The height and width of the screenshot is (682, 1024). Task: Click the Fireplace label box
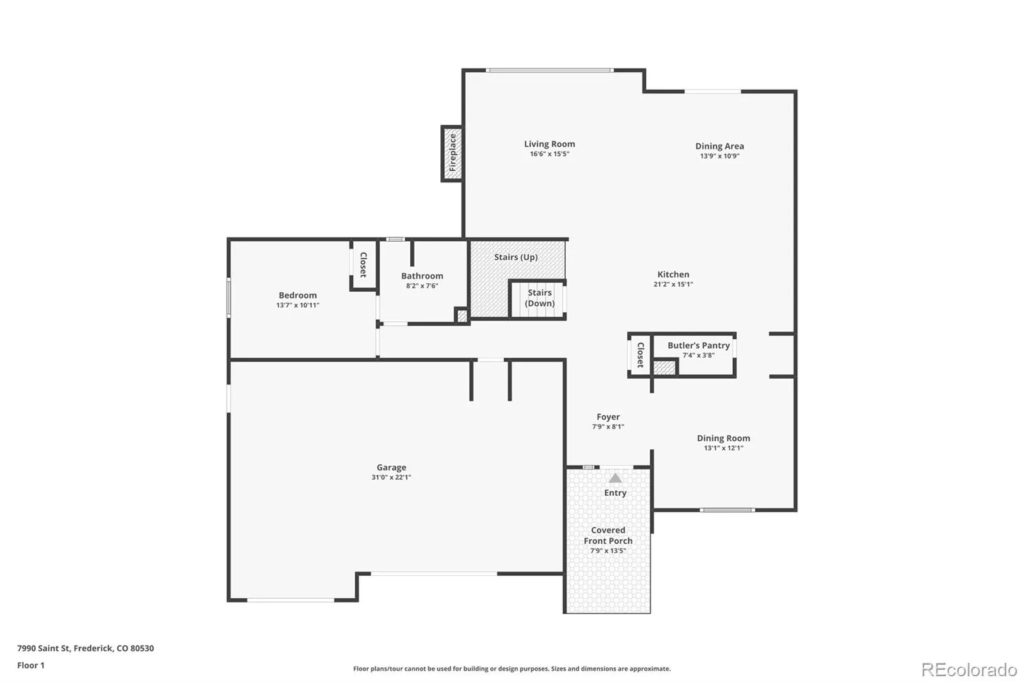point(452,153)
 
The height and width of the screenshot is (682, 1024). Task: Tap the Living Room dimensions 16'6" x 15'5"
point(550,154)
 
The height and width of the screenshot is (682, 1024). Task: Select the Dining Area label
point(719,147)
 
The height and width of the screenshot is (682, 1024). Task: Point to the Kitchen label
point(673,274)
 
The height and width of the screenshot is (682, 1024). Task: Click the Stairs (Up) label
point(516,257)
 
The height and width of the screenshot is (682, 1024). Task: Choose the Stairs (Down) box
point(538,299)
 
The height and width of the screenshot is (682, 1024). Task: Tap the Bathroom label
point(422,276)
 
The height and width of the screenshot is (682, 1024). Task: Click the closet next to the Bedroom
point(364,265)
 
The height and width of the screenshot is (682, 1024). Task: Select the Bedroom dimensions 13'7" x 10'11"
point(298,305)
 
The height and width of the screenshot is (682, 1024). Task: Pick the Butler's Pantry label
point(698,345)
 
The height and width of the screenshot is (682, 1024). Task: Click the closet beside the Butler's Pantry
point(640,354)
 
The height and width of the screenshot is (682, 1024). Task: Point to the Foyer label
point(608,417)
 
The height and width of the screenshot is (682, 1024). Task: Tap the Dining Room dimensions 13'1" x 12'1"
point(723,448)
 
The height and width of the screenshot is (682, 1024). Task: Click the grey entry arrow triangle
point(615,478)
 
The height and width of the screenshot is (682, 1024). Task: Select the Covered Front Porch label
point(608,535)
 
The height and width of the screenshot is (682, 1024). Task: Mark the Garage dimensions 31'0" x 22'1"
point(391,477)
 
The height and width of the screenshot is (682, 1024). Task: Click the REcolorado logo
point(969,670)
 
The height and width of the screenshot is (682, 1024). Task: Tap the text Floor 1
point(31,665)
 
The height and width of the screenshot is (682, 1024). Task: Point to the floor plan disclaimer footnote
point(512,669)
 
